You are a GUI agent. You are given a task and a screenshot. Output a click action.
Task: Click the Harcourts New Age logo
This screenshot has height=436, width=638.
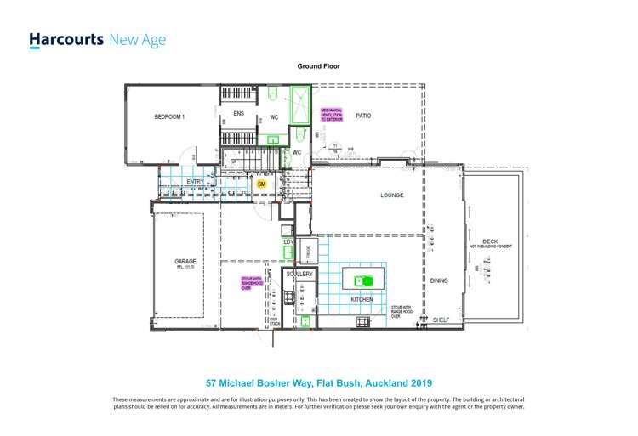tap(97, 40)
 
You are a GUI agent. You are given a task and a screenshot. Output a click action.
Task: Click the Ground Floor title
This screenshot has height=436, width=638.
tap(318, 65)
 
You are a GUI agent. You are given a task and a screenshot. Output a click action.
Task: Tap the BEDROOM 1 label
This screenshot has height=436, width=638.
tap(169, 116)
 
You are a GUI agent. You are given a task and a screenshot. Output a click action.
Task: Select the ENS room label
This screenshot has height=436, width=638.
tap(238, 114)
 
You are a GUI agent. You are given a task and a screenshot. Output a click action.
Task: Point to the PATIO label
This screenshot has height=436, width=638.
tap(362, 116)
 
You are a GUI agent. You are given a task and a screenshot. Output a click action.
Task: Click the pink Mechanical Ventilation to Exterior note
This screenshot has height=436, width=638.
tap(331, 115)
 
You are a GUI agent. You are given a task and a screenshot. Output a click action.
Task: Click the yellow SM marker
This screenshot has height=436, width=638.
tap(261, 184)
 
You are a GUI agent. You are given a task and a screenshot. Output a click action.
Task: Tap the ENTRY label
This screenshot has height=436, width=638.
tap(196, 181)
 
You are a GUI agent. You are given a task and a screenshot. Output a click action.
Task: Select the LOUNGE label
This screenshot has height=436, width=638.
tap(391, 195)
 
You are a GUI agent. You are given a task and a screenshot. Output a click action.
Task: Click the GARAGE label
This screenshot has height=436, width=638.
tap(185, 261)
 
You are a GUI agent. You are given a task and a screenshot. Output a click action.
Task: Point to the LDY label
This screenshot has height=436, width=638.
tap(288, 243)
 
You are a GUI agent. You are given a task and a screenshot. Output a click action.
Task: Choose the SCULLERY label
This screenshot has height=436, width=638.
tap(299, 275)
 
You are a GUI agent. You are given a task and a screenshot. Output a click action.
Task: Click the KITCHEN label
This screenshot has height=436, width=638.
tap(362, 300)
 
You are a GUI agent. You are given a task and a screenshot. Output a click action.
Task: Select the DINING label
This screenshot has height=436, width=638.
tap(439, 280)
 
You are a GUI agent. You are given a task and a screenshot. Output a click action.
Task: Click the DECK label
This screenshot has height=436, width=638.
tap(490, 241)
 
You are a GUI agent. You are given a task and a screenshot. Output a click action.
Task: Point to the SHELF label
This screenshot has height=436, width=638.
tap(441, 320)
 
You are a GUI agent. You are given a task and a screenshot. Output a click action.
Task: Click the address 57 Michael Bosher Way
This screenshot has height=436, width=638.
tap(319, 383)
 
